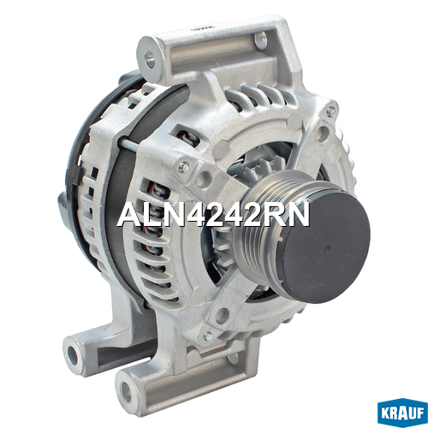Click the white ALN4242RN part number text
[213, 215]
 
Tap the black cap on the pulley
[325, 247]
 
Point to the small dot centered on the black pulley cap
[328, 247]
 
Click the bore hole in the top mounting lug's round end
[149, 59]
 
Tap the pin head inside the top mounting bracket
[261, 39]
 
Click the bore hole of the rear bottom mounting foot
[74, 355]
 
